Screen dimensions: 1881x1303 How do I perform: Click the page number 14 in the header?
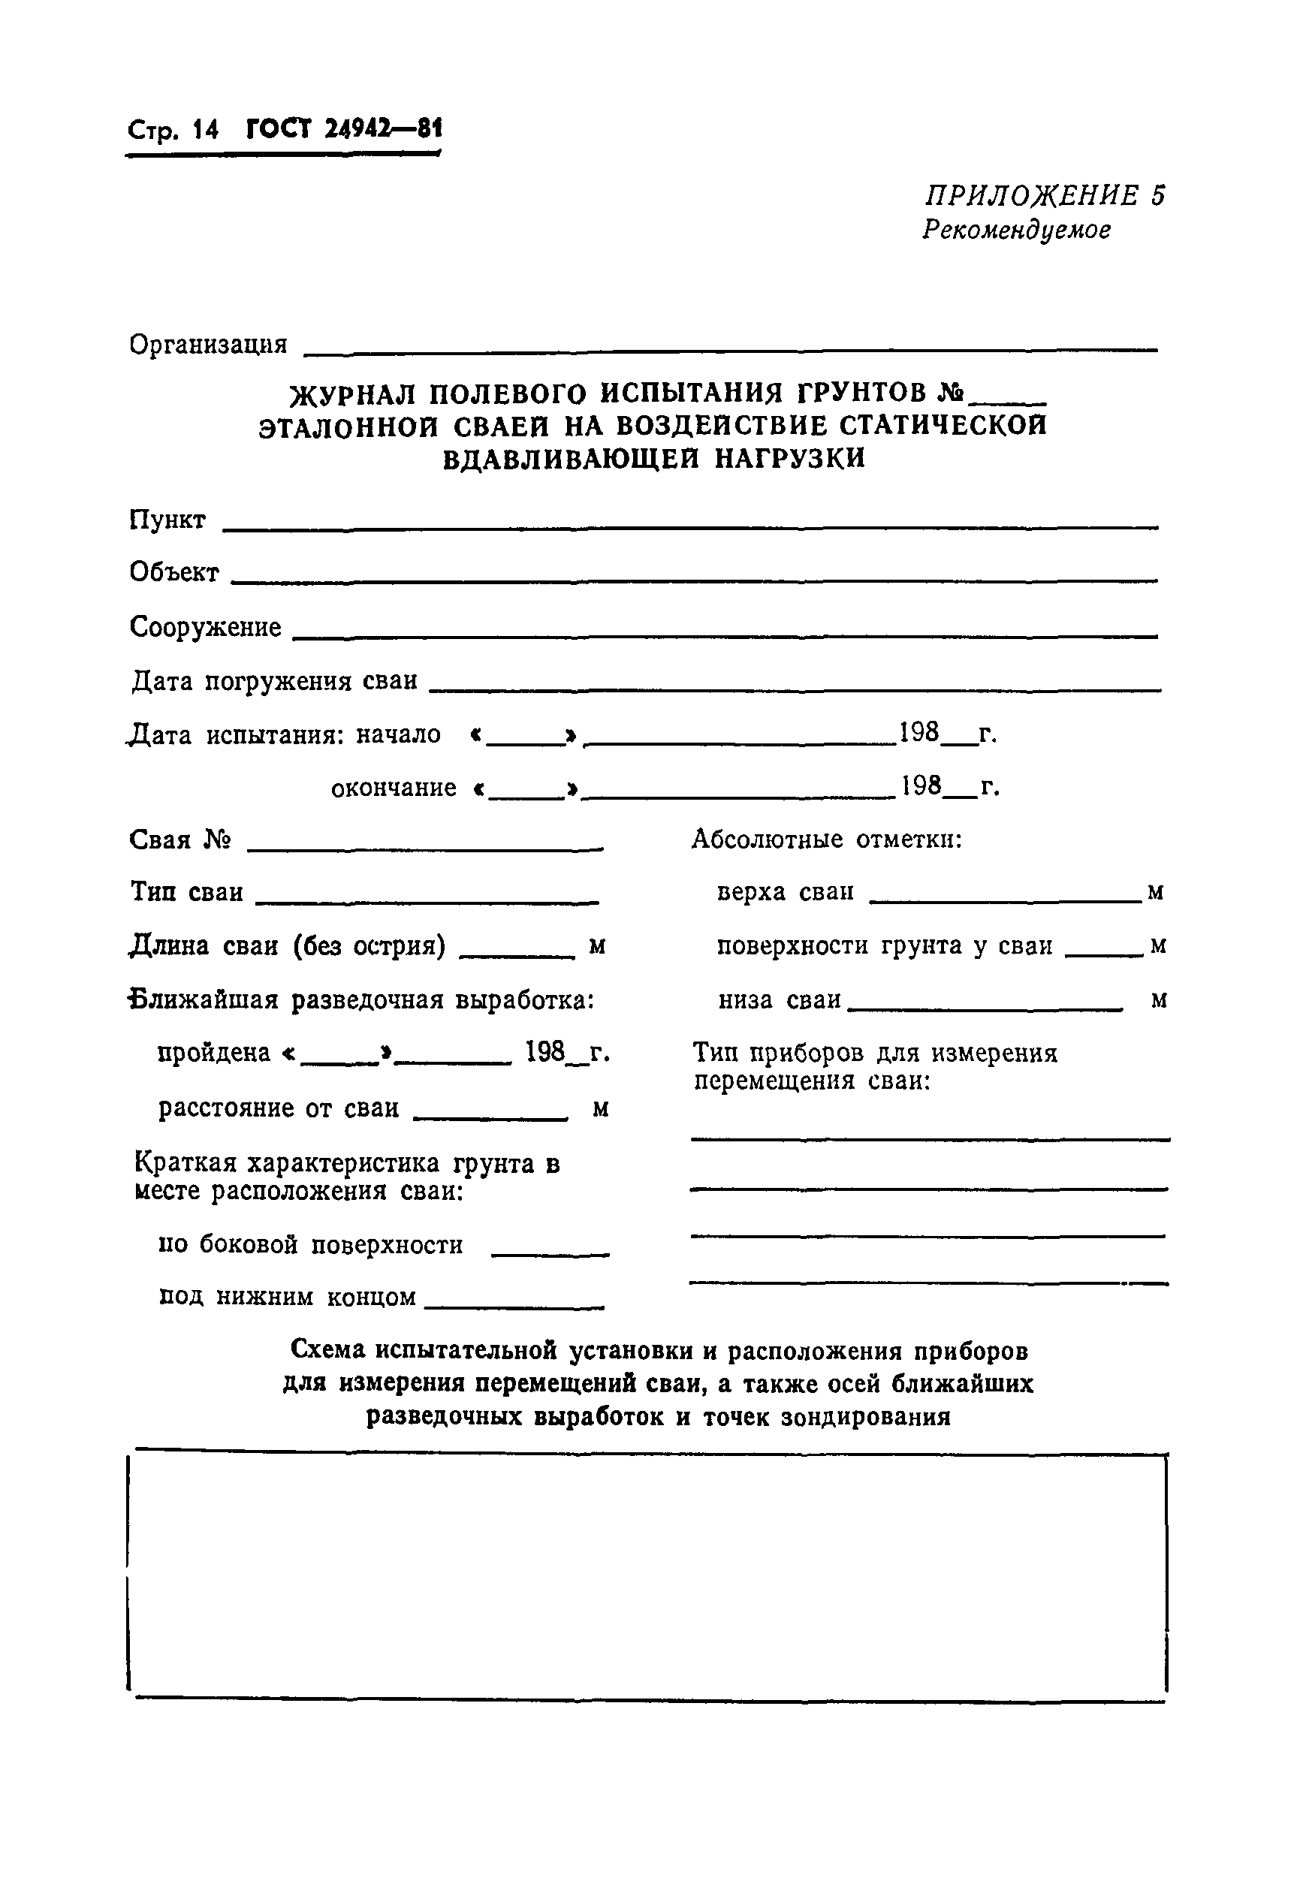tap(204, 131)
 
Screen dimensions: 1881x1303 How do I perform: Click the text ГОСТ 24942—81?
tap(343, 129)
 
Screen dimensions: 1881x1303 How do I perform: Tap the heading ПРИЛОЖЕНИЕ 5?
tap(1044, 196)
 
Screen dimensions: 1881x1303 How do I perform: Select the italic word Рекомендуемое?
tap(1015, 231)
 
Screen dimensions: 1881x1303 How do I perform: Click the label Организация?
tap(208, 345)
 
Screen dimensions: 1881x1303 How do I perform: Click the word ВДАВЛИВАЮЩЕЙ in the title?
tap(571, 459)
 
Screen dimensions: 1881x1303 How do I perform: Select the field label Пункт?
tap(167, 520)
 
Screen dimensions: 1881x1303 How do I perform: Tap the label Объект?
tap(174, 573)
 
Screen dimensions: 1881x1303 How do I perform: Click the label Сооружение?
tap(205, 627)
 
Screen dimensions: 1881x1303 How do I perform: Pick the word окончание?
tap(394, 788)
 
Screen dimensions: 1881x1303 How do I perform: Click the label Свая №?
tap(179, 840)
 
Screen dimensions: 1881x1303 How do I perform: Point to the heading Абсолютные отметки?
tap(826, 839)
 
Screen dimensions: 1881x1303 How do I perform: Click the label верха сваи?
tap(785, 892)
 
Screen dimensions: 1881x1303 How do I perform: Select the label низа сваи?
tap(779, 999)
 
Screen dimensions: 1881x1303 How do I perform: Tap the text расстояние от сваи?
tap(279, 1108)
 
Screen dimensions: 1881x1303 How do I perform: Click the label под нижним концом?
tap(288, 1297)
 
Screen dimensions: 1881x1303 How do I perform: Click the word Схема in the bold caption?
tap(327, 1352)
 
